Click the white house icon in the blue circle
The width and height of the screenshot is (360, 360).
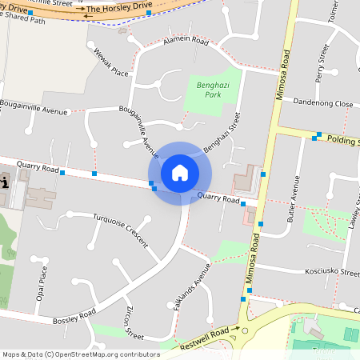point(179,173)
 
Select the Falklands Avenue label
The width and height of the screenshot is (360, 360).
point(194,284)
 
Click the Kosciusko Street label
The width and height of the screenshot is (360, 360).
point(332,272)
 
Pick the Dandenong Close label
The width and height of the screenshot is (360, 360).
point(322,104)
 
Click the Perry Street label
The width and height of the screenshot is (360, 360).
point(322,64)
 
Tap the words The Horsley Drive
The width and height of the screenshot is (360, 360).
point(118,7)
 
